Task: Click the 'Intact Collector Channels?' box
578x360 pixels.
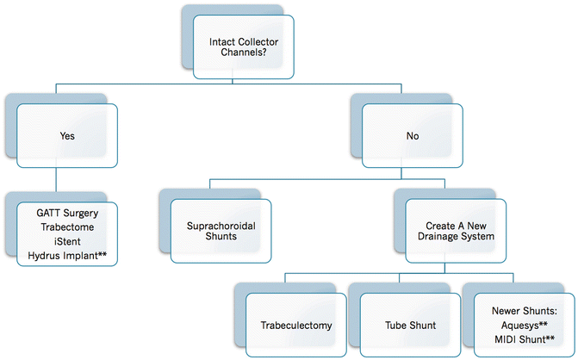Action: click(245, 47)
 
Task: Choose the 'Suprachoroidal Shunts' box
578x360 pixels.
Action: click(222, 231)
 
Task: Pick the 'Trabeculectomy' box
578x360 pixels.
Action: click(295, 326)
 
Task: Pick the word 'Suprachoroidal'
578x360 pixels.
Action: click(222, 225)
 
